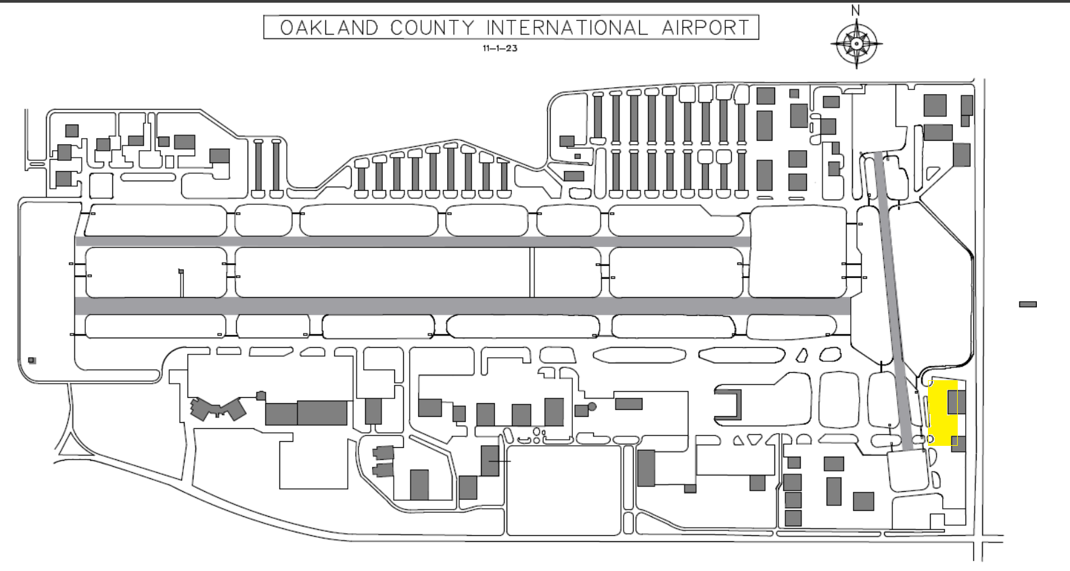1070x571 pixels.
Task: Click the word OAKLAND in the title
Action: point(329,28)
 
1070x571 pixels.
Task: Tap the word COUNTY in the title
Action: point(432,28)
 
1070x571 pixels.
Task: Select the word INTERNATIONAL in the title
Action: point(567,28)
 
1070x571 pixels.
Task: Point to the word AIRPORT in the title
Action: point(705,28)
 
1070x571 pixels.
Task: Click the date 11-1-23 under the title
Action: point(500,48)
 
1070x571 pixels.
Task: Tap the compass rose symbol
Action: point(856,44)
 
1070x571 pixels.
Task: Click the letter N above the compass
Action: point(856,10)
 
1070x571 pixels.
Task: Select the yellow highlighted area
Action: point(942,413)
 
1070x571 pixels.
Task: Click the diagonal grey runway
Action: point(897,302)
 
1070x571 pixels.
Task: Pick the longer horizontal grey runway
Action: point(463,306)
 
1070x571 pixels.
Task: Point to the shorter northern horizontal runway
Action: point(413,242)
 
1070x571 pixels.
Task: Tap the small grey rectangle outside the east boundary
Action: point(1028,304)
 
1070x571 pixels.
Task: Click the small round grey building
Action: point(592,407)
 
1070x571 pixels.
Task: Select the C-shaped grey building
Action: point(728,405)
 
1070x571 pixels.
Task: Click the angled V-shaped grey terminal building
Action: point(218,409)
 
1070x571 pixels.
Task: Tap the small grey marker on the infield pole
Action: point(181,271)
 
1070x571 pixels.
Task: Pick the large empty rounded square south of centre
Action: point(563,490)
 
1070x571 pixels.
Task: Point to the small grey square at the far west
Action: point(32,361)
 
